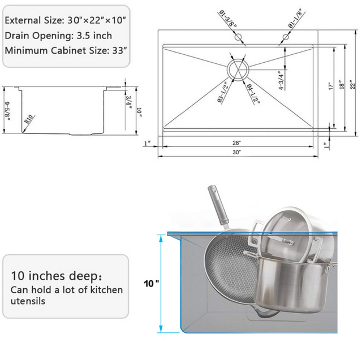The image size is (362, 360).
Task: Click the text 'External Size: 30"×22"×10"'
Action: click(65, 19)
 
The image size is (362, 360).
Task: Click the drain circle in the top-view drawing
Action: click(236, 71)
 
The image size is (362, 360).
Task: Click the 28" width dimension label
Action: click(236, 142)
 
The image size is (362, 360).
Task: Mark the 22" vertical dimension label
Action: click(352, 86)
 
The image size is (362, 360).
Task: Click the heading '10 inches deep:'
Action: click(57, 277)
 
